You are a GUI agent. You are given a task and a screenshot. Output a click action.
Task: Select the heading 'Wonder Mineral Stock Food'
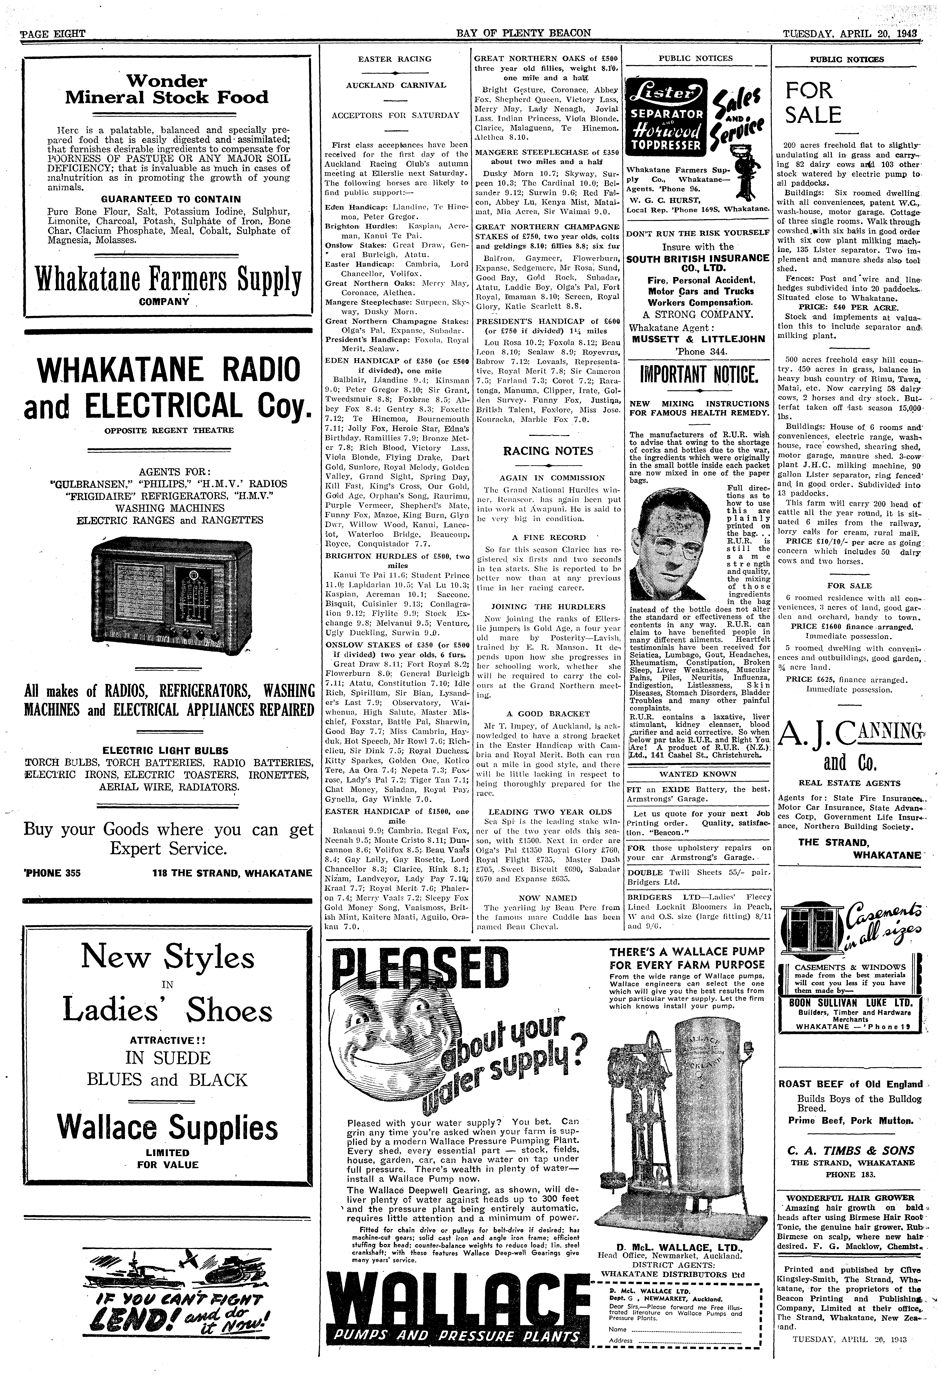167,89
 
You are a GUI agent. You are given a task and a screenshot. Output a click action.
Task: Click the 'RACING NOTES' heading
548,451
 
